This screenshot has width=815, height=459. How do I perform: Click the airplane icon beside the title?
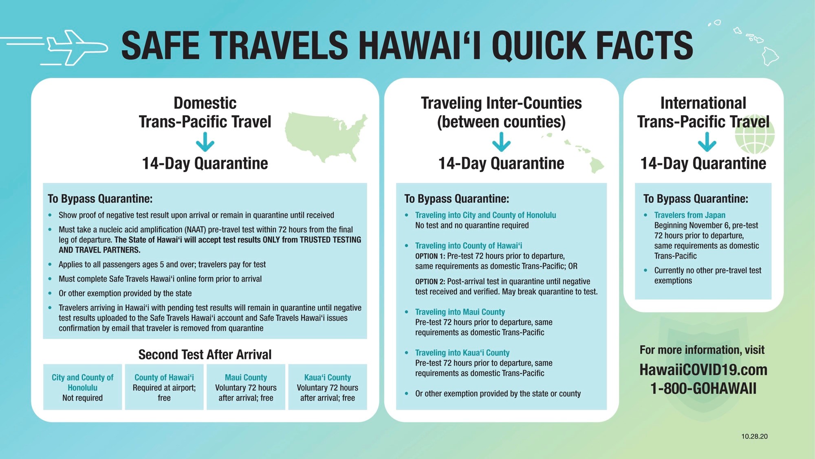point(75,47)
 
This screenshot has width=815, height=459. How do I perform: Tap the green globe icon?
point(755,135)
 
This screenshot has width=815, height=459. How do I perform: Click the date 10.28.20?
point(754,436)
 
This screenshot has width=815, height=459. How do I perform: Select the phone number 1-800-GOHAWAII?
point(703,388)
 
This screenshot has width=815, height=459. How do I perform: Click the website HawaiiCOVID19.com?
point(703,370)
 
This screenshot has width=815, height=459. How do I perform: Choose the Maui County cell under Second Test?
point(246,387)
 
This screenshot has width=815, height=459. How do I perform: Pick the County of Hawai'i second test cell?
point(164,387)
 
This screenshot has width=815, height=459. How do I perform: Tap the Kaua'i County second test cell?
point(328,387)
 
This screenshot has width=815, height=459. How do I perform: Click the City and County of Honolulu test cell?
point(83,387)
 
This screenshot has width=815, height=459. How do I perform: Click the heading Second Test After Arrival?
point(205,355)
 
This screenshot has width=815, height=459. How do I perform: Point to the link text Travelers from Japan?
point(690,215)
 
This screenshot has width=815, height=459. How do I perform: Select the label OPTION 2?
point(430,282)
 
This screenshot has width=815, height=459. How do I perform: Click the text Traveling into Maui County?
point(460,312)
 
